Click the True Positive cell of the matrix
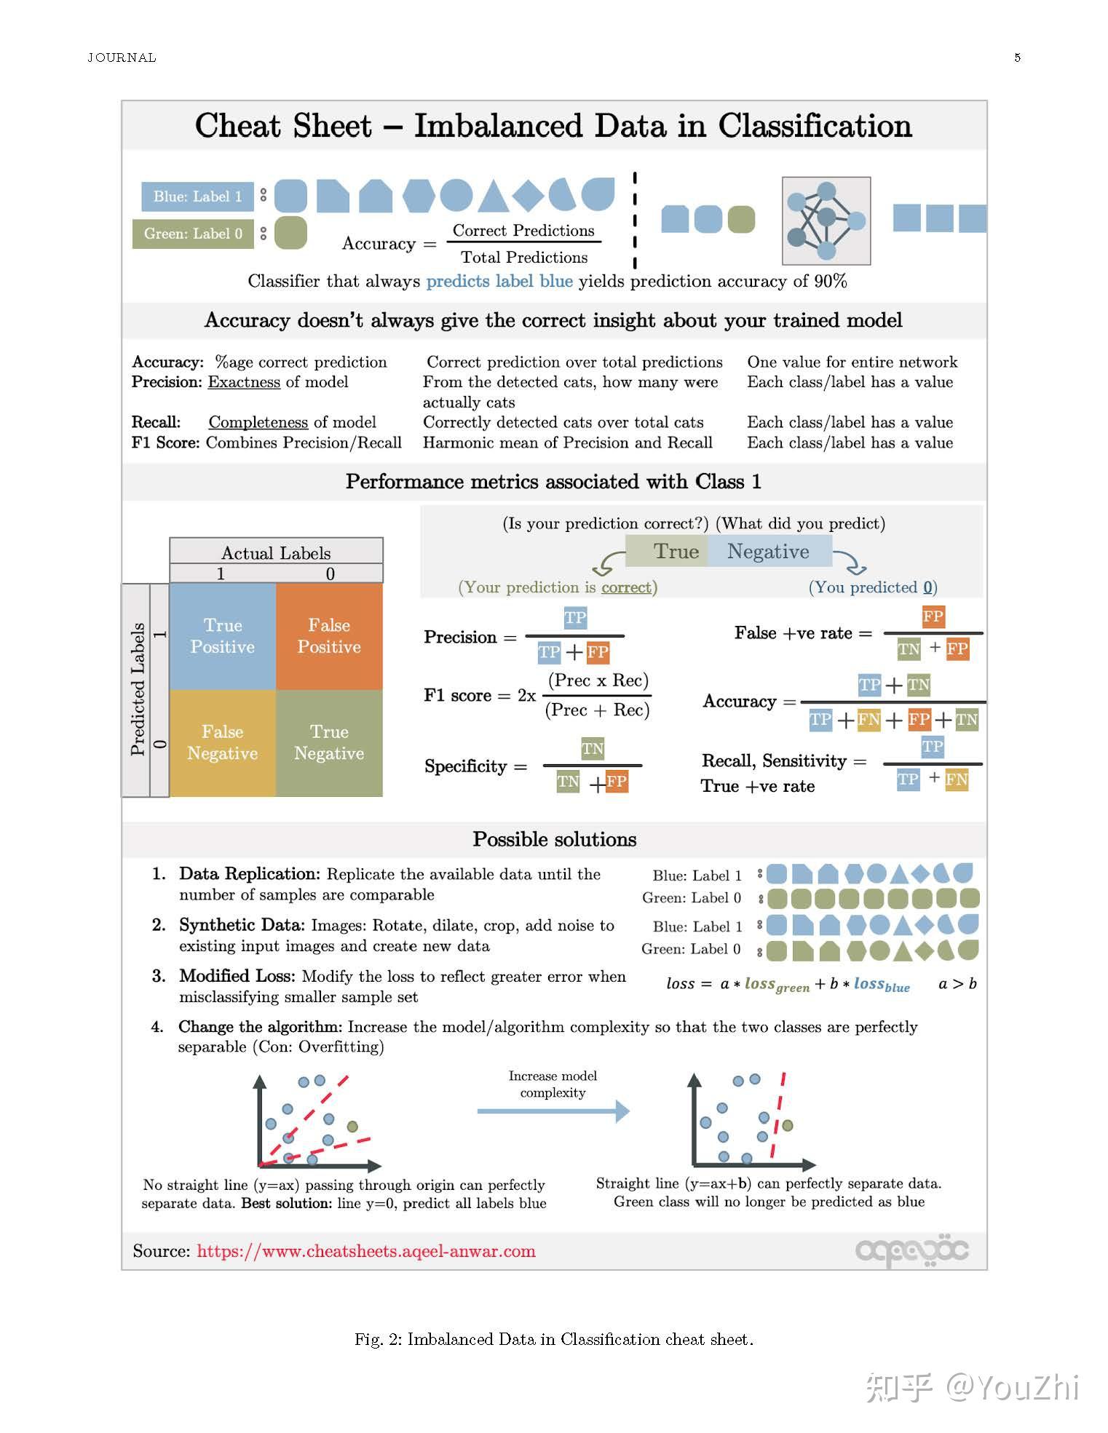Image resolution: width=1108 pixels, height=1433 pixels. (x=222, y=636)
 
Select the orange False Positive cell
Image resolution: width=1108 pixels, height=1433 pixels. (x=329, y=636)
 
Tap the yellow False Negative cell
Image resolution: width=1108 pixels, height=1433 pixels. (x=222, y=742)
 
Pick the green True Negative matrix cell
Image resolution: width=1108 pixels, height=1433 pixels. (x=329, y=742)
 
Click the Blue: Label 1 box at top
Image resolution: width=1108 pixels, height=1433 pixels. (x=197, y=197)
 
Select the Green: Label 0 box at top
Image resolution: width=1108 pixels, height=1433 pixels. (x=193, y=234)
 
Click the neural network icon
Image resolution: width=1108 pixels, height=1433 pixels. (x=826, y=221)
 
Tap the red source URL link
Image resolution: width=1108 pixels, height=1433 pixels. (x=366, y=1251)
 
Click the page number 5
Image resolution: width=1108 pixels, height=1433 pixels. (x=1017, y=57)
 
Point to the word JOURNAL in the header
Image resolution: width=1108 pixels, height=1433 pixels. (x=122, y=57)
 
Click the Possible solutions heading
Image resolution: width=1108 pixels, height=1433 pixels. (x=554, y=839)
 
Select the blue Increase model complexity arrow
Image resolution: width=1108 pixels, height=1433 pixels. (x=553, y=1111)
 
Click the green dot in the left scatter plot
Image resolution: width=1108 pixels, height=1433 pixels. (x=352, y=1127)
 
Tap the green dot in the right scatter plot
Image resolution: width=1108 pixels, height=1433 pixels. (x=787, y=1125)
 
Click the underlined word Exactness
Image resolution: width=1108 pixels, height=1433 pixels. (x=244, y=382)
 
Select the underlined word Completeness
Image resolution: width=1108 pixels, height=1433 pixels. (x=258, y=422)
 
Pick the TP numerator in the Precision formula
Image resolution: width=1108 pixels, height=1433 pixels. (x=575, y=618)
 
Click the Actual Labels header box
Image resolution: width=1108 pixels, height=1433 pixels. (x=276, y=552)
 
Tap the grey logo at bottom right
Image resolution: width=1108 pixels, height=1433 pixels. (x=911, y=1251)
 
